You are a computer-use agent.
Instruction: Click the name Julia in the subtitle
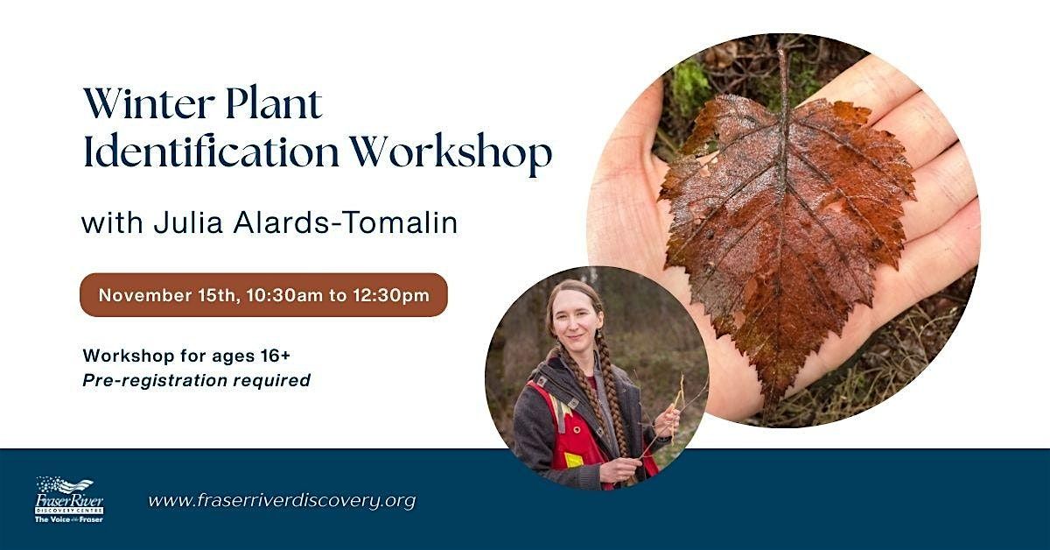[x=178, y=222]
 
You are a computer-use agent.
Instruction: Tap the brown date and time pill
[x=263, y=294]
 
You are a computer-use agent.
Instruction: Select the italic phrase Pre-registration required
[x=196, y=380]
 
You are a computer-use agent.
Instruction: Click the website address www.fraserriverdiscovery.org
[x=282, y=501]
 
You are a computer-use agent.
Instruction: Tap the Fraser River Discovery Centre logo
[x=69, y=499]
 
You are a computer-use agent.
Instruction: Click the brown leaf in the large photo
[x=787, y=228]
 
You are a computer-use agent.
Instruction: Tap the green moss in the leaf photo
[x=691, y=88]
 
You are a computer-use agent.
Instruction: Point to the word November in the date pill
[x=140, y=295]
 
